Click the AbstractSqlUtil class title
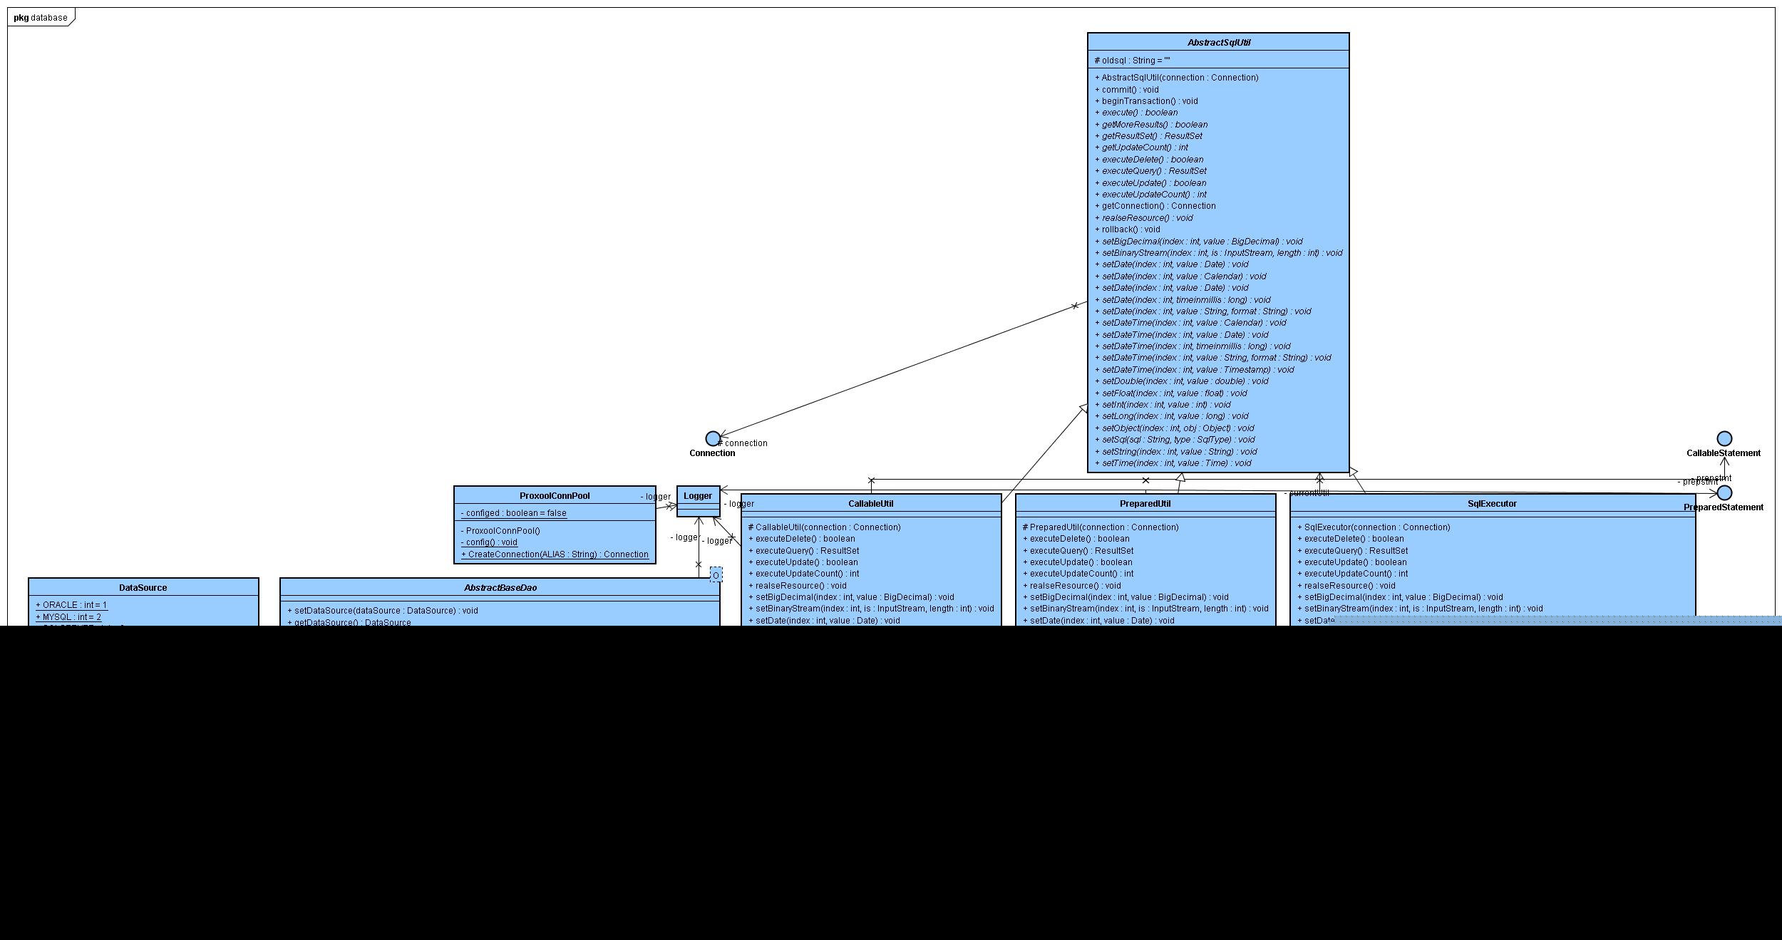(1218, 43)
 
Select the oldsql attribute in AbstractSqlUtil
(1132, 61)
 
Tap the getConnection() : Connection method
(1158, 206)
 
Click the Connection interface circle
(712, 438)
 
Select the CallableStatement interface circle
(1724, 438)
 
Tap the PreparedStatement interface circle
(1724, 492)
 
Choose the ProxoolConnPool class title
(555, 496)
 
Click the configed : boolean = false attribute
(513, 513)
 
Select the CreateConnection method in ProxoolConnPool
(555, 554)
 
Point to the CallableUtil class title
(870, 504)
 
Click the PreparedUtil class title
(1145, 504)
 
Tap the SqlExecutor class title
(1492, 504)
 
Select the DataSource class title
(143, 588)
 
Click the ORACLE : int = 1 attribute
(71, 605)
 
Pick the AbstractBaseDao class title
(500, 588)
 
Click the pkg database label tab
(41, 17)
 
